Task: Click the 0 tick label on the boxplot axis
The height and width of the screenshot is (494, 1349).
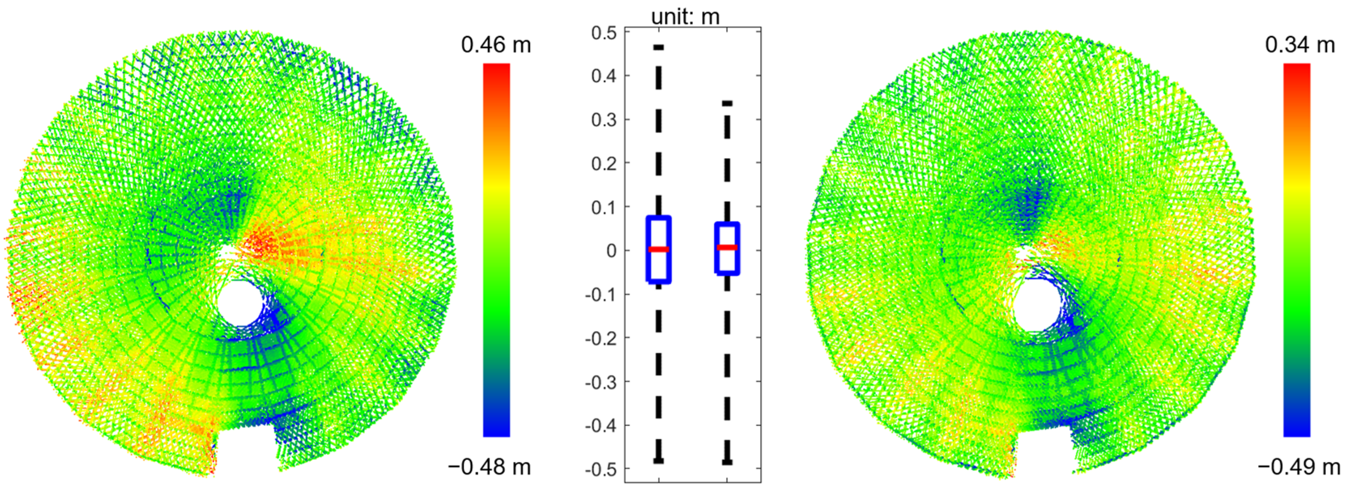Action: coord(611,251)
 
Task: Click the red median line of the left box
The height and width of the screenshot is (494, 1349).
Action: coord(659,250)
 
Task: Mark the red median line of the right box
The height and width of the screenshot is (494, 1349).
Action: coord(727,247)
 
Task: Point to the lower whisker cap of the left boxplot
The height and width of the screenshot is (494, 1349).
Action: coord(659,461)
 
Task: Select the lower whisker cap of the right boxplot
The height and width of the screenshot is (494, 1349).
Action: coord(727,463)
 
